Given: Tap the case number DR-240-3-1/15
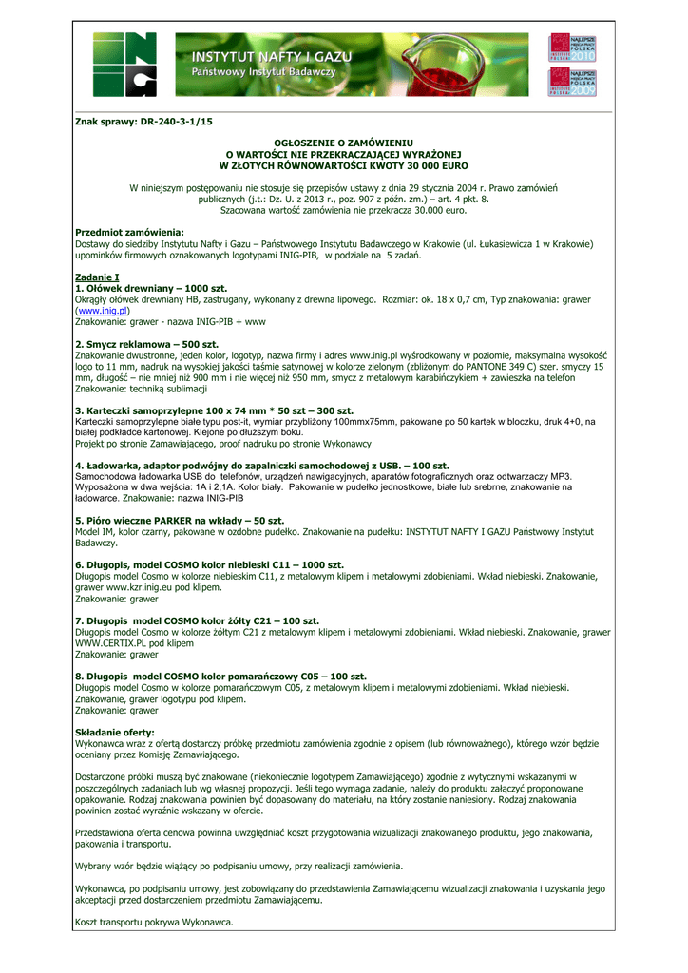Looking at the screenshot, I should click(143, 122).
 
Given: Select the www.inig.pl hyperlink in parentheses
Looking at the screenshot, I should click(103, 311).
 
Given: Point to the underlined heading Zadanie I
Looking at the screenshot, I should click(97, 277).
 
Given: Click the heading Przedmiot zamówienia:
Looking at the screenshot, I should click(129, 232).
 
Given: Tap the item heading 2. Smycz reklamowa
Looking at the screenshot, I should click(146, 343).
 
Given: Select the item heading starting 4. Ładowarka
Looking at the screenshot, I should click(261, 465).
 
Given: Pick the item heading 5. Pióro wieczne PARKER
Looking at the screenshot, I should click(180, 521).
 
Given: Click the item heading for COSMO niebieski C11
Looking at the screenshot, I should click(209, 564).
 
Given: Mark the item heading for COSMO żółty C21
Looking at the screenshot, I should click(201, 620).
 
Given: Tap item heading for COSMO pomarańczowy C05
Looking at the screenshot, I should click(220, 676).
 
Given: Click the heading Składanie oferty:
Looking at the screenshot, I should click(114, 732).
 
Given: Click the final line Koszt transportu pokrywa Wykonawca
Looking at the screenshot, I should click(154, 922).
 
